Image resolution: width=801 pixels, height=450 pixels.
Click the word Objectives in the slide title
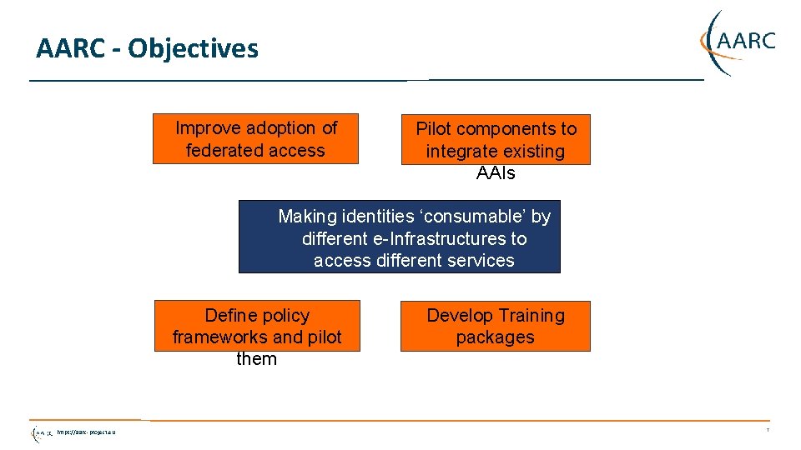point(193,48)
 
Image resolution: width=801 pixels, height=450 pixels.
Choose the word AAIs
point(496,173)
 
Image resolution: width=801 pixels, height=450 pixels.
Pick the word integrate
point(459,152)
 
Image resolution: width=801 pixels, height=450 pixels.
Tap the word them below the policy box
point(256,359)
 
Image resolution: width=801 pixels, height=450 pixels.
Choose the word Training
point(527,316)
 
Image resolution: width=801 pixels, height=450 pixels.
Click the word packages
point(495,337)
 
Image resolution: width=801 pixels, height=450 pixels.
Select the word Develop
point(456,316)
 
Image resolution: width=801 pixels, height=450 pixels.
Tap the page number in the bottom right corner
point(767,431)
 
